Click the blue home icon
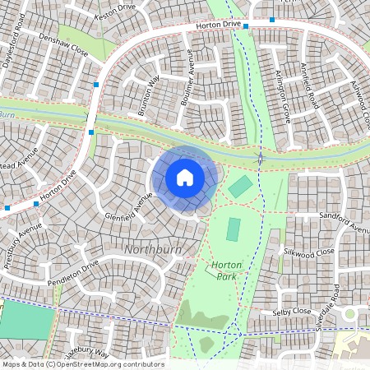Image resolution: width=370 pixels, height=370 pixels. click(x=185, y=177)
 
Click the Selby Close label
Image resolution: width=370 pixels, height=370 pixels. click(x=291, y=312)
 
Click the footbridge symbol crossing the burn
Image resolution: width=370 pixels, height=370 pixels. click(x=261, y=157)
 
